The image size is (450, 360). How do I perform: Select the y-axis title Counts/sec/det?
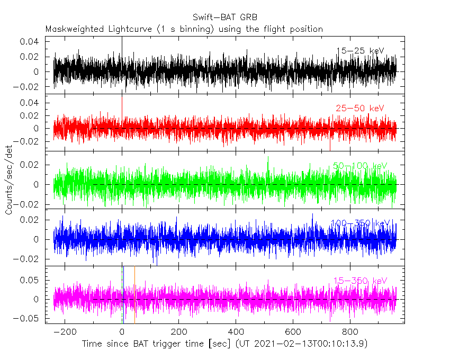(9, 180)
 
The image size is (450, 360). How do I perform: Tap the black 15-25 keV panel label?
(360, 51)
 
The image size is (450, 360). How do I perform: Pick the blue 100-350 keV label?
(360, 224)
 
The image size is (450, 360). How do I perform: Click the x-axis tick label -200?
(65, 332)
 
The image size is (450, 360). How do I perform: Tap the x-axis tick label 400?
(236, 332)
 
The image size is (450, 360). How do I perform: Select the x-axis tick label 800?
(350, 332)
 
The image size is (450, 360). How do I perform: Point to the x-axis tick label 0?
(122, 332)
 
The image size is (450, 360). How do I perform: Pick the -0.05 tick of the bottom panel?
(28, 319)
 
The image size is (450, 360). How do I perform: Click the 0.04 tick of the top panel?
(30, 41)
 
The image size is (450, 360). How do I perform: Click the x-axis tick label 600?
(293, 332)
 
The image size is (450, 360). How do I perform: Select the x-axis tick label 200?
(179, 332)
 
